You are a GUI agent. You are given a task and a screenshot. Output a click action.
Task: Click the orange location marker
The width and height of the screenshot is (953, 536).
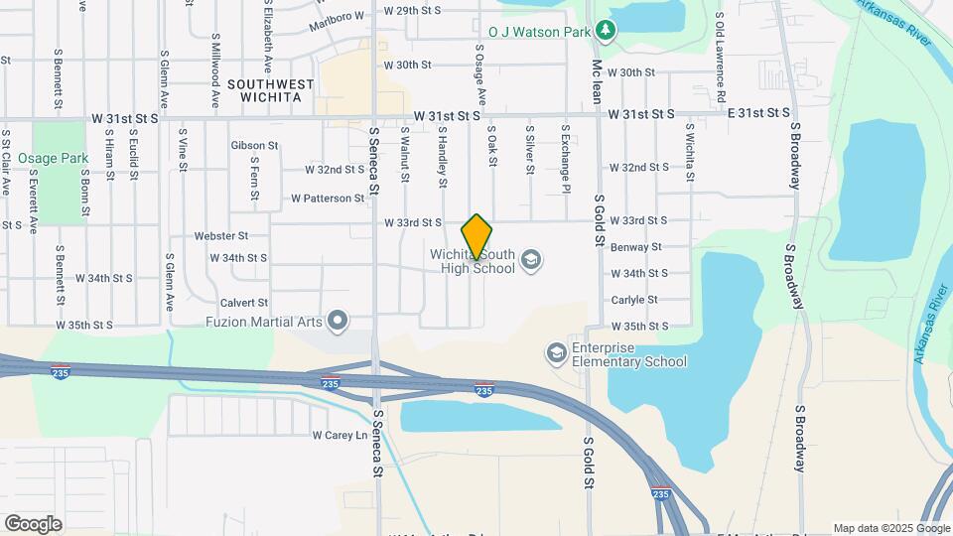[x=476, y=237]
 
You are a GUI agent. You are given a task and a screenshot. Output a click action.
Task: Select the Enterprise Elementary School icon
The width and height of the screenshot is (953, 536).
[x=556, y=353]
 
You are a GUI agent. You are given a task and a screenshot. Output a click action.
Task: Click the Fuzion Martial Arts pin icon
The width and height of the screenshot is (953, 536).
[x=339, y=320]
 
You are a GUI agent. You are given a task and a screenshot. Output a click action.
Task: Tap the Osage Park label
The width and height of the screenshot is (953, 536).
[x=46, y=158]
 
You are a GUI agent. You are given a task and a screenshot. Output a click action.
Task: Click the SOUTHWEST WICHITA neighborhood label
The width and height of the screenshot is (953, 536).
[x=264, y=90]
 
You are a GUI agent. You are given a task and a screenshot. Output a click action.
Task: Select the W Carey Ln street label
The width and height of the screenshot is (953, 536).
[x=340, y=435]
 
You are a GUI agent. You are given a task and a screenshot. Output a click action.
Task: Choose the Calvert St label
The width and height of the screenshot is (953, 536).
[x=244, y=302]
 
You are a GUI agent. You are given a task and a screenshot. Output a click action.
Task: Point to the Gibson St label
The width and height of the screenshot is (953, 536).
[x=254, y=145]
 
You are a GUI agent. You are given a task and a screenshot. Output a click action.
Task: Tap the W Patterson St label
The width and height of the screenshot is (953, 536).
[x=328, y=199]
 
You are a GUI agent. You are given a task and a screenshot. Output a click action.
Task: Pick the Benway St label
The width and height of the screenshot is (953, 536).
[x=636, y=246]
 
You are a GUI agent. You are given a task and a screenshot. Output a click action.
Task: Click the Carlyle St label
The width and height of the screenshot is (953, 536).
[x=634, y=299]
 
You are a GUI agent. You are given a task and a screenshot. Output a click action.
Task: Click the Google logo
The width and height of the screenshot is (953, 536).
[x=33, y=523]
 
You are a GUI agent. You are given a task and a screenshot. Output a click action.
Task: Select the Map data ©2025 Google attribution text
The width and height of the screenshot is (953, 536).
[x=890, y=528]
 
